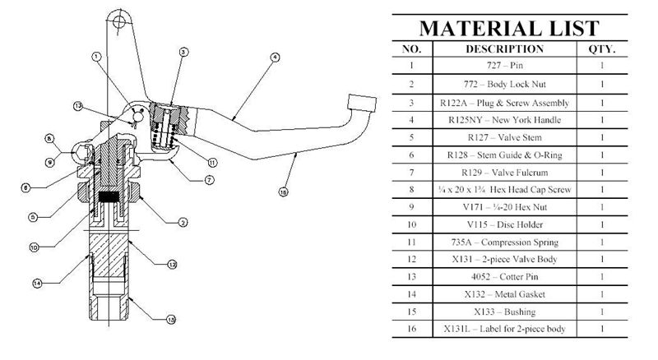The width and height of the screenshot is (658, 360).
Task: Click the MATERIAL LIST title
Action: tap(510, 27)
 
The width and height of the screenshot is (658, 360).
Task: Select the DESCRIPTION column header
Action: tap(516, 49)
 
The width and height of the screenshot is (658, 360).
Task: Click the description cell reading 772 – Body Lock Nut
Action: tap(516, 85)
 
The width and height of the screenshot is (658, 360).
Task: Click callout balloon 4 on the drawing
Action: tap(275, 58)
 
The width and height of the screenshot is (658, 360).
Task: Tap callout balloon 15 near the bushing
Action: tap(170, 320)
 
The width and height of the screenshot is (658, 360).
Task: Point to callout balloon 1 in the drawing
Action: tap(97, 57)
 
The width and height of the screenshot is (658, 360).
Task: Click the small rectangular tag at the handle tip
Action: tap(363, 101)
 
